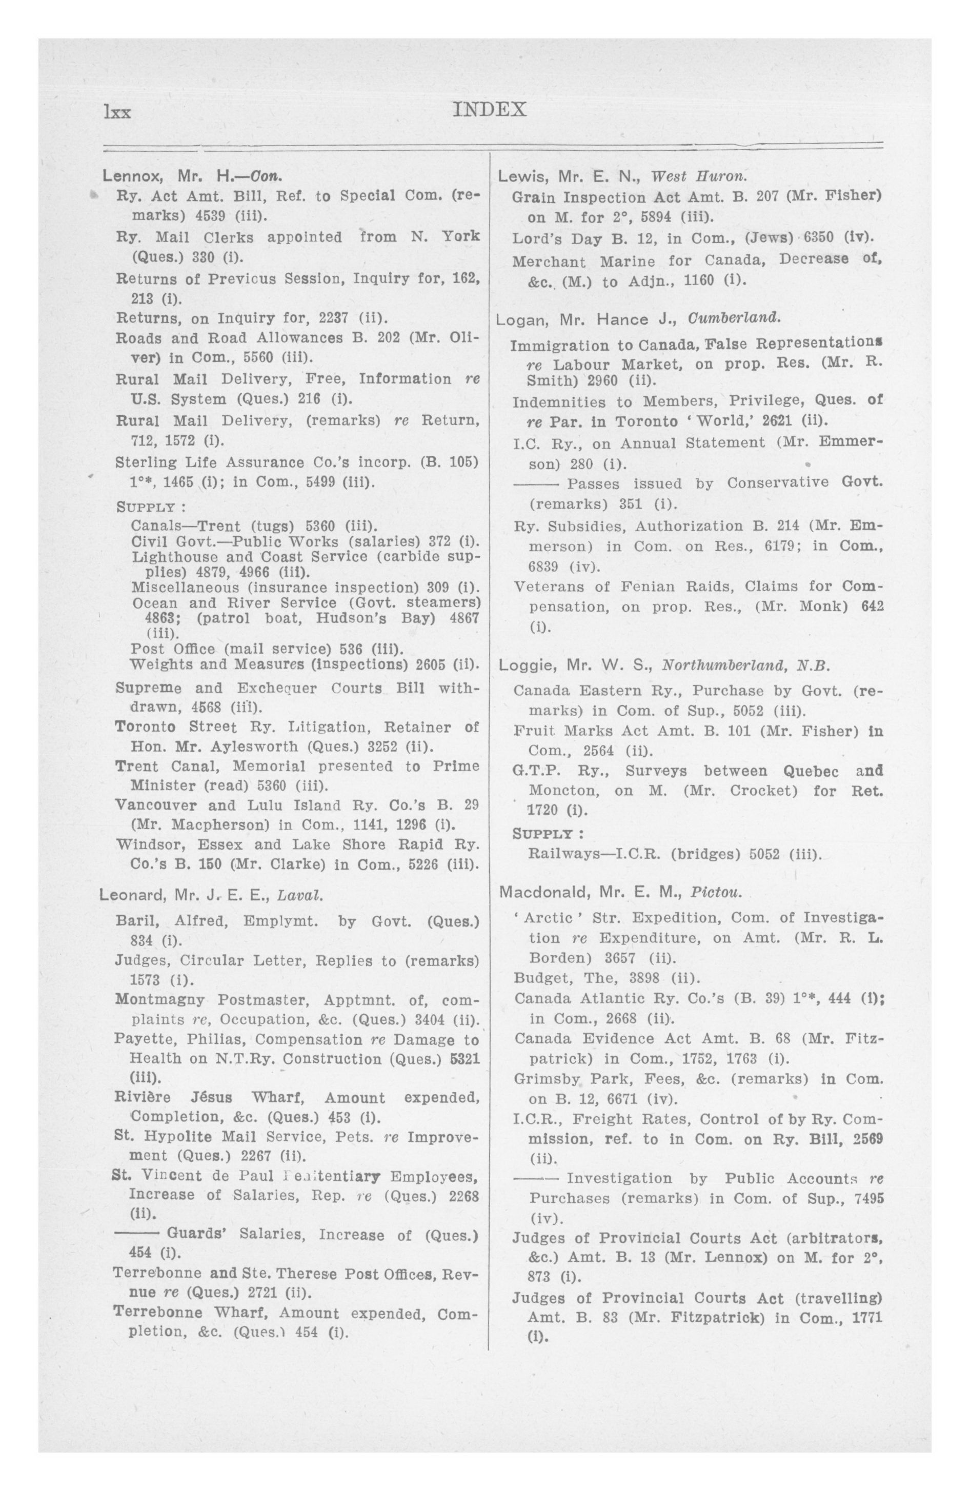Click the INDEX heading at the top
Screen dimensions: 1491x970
tap(489, 110)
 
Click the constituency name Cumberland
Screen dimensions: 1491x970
tap(734, 318)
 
